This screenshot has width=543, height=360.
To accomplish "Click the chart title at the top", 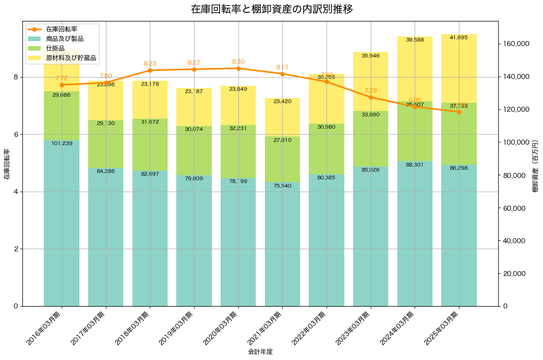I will click(271, 9).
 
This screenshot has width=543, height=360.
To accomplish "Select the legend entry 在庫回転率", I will click(62, 29).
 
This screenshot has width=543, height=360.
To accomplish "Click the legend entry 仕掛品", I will click(55, 48).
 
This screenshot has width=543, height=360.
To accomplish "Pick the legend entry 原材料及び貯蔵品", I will click(71, 58).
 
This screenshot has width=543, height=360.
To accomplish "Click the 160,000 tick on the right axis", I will click(516, 44).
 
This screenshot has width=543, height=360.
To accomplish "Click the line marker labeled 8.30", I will click(238, 68).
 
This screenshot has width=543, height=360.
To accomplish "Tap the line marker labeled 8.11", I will click(282, 74).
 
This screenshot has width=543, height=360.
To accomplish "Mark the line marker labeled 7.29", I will click(371, 97).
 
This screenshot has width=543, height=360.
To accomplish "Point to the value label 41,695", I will click(459, 37).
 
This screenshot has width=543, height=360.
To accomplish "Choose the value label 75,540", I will click(282, 186).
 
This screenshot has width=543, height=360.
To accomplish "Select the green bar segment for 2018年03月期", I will click(150, 145).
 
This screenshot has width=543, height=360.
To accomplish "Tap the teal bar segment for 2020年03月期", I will click(238, 242).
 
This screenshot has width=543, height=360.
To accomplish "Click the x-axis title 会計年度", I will click(260, 352).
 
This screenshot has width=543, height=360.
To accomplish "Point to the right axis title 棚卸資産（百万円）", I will click(536, 163).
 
